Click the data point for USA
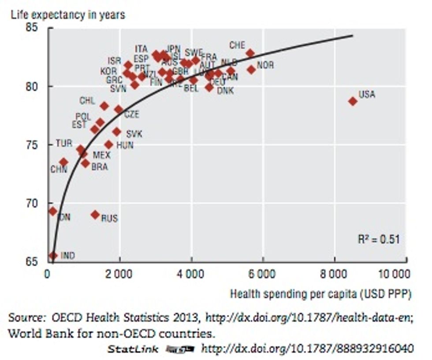tap(353, 101)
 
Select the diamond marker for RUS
tap(95, 215)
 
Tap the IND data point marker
tap(53, 256)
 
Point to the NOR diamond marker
tap(251, 69)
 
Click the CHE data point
tap(250, 53)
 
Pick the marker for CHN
tap(63, 162)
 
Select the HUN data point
tap(108, 145)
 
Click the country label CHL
tap(87, 101)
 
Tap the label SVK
tap(134, 134)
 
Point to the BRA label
tap(99, 167)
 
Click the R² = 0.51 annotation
tap(378, 239)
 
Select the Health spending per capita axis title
tap(320, 294)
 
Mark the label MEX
tap(101, 155)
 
